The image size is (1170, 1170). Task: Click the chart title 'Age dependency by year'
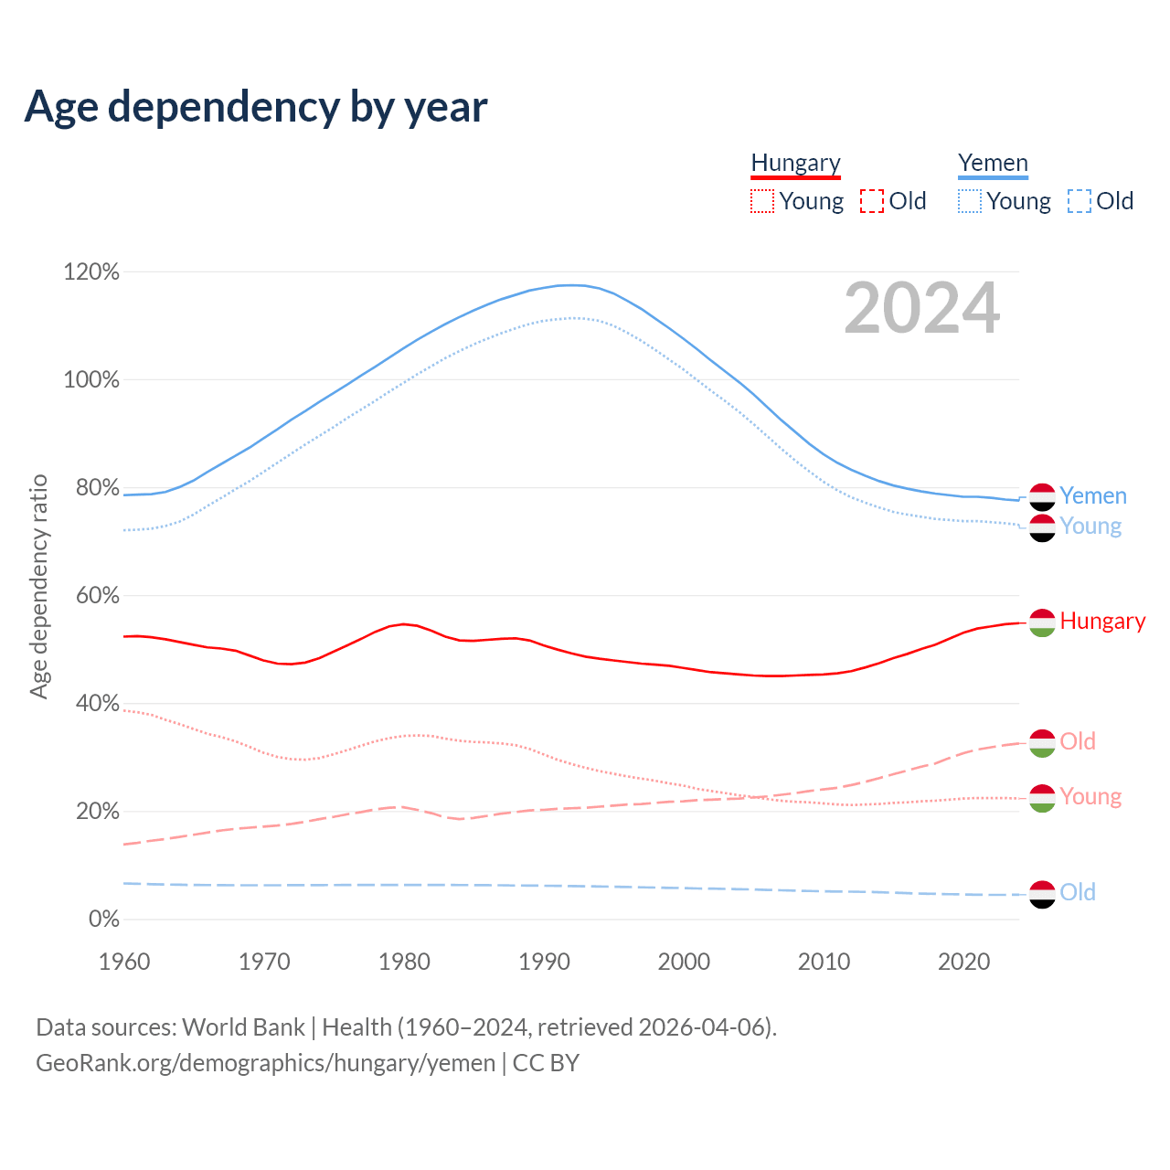click(x=256, y=107)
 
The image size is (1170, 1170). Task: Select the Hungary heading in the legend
click(x=795, y=163)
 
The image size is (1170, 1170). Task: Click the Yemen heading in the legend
click(x=993, y=163)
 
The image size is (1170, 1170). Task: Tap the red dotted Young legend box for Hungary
click(x=761, y=201)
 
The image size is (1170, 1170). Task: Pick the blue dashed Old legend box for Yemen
click(x=1079, y=201)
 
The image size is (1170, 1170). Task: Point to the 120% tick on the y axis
click(x=91, y=271)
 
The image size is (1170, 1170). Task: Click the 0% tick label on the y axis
click(x=104, y=919)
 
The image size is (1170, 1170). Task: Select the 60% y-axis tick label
click(x=91, y=595)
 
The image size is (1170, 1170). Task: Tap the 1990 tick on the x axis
click(x=544, y=962)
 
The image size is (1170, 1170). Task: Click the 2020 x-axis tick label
click(x=964, y=962)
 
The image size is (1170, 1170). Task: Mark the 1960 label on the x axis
click(x=124, y=962)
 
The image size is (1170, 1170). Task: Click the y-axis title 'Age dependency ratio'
click(x=38, y=586)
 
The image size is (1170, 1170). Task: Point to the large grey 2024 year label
click(x=921, y=308)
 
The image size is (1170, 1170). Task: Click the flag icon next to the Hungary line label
click(x=1042, y=622)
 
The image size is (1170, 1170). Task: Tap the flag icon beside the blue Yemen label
click(x=1042, y=496)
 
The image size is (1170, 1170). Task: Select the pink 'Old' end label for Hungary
click(x=1078, y=741)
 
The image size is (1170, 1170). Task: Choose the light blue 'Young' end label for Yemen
click(x=1090, y=526)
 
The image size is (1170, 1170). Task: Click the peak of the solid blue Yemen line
click(x=571, y=285)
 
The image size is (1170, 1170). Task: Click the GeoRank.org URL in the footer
click(x=265, y=1063)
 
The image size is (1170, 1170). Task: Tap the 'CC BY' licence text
click(x=546, y=1063)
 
